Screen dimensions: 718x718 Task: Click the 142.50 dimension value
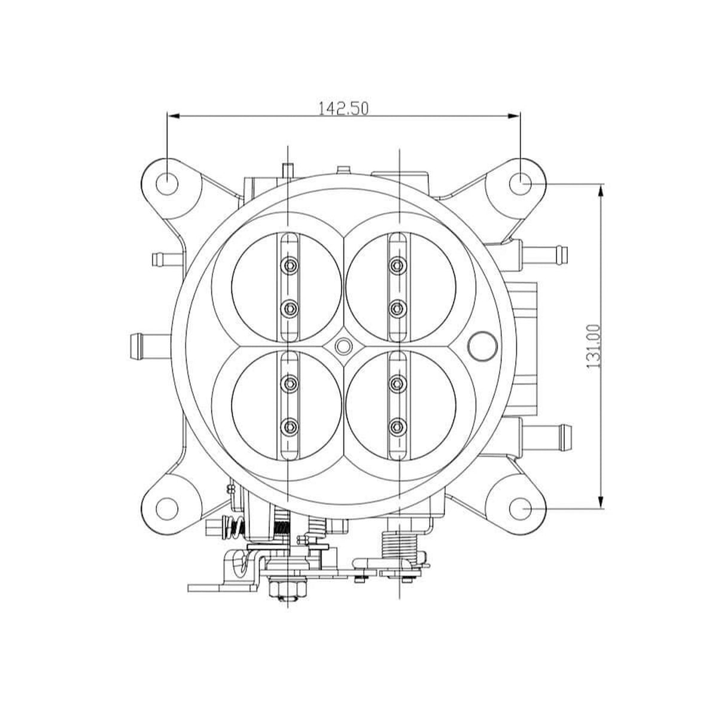point(343,108)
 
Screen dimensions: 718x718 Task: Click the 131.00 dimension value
point(594,346)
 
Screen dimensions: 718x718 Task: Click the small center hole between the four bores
point(343,345)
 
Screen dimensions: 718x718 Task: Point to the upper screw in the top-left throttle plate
point(290,264)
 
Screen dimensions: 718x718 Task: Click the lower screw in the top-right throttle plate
point(395,308)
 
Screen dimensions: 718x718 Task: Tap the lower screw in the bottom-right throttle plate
point(395,426)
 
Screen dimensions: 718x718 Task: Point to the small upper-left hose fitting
point(163,259)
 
